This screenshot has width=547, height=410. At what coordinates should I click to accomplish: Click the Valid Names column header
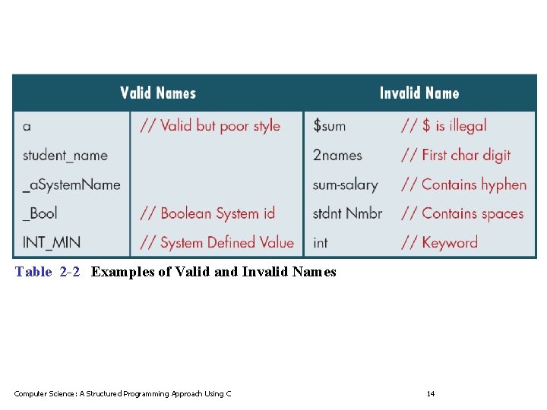pyautogui.click(x=158, y=93)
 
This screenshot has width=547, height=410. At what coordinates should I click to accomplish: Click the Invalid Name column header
pyautogui.click(x=419, y=93)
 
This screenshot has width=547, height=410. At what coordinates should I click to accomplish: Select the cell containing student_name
pyautogui.click(x=65, y=156)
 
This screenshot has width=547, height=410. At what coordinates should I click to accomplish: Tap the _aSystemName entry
pyautogui.click(x=71, y=184)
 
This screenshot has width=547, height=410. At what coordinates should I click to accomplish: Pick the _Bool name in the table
pyautogui.click(x=40, y=213)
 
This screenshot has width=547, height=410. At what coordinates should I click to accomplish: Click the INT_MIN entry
pyautogui.click(x=52, y=243)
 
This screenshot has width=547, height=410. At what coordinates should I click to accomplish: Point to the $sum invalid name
pyautogui.click(x=329, y=126)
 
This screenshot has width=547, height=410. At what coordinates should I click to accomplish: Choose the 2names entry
pyautogui.click(x=337, y=156)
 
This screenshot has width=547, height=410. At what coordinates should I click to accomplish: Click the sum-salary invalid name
pyautogui.click(x=345, y=184)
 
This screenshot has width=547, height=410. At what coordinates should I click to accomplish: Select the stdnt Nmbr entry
pyautogui.click(x=347, y=213)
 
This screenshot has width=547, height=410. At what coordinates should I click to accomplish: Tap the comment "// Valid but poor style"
pyautogui.click(x=210, y=126)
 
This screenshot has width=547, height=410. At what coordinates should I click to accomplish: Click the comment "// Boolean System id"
pyautogui.click(x=207, y=213)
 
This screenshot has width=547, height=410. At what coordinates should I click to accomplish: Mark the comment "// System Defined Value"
pyautogui.click(x=217, y=243)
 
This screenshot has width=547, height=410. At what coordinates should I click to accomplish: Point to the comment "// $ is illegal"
pyautogui.click(x=444, y=126)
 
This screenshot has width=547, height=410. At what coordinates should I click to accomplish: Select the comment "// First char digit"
pyautogui.click(x=456, y=156)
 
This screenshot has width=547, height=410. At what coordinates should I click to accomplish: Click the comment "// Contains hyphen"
pyautogui.click(x=463, y=184)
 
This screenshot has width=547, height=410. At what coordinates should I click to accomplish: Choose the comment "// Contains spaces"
pyautogui.click(x=463, y=213)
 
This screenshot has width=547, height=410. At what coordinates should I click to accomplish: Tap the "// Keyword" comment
pyautogui.click(x=439, y=243)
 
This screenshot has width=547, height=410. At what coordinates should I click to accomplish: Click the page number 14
pyautogui.click(x=431, y=393)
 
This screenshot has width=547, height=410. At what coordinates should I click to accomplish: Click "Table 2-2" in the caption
pyautogui.click(x=47, y=272)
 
